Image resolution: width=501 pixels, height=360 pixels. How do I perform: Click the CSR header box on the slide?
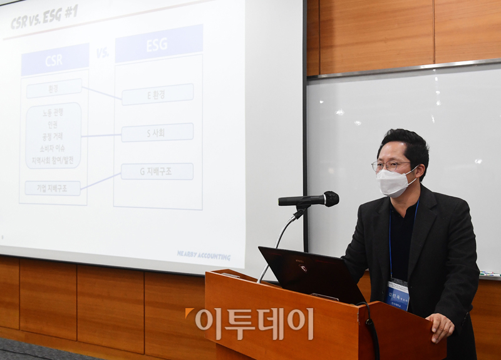pyautogui.click(x=54, y=60)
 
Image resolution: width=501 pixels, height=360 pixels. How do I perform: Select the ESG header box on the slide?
pyautogui.click(x=158, y=44)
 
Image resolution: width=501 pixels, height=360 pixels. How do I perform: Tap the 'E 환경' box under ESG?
pyautogui.click(x=157, y=95)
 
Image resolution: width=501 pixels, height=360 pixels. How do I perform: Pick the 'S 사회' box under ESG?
pyautogui.click(x=157, y=133)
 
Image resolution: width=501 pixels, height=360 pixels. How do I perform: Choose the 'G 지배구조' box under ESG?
pyautogui.click(x=157, y=172)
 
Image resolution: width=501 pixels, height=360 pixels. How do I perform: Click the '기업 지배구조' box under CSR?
pyautogui.click(x=53, y=188)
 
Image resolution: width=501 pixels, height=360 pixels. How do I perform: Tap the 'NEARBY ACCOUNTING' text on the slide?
pyautogui.click(x=204, y=255)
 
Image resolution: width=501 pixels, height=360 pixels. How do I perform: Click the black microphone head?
pyautogui.click(x=328, y=199)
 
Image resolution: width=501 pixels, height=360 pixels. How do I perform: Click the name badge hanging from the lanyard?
pyautogui.click(x=398, y=294)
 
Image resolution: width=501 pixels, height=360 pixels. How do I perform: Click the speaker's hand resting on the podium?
pyautogui.click(x=441, y=326)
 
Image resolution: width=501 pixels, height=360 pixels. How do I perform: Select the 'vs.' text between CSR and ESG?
pyautogui.click(x=102, y=53)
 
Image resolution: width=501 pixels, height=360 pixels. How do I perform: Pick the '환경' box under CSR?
pyautogui.click(x=54, y=89)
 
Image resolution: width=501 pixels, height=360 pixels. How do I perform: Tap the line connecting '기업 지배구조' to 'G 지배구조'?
pyautogui.click(x=100, y=181)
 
